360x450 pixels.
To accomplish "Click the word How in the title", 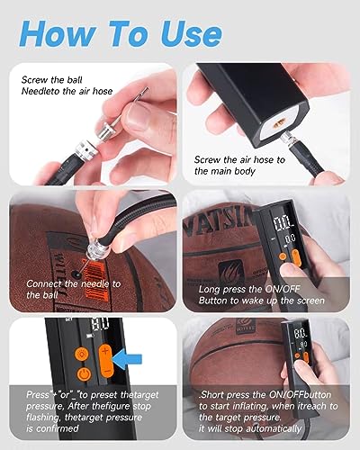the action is [58, 33].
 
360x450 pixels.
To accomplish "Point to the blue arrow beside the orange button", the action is [128, 359].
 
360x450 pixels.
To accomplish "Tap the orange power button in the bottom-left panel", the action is [85, 374].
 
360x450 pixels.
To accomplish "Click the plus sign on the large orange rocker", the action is [104, 351].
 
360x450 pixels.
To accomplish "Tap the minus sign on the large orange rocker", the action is [106, 372].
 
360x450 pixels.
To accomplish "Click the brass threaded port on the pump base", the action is [279, 122].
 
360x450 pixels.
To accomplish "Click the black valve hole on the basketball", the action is [76, 274].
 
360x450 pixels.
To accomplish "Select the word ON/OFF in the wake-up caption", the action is [283, 289].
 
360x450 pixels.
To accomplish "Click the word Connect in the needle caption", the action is [43, 283].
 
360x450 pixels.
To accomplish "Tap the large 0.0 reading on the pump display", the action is [283, 223].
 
